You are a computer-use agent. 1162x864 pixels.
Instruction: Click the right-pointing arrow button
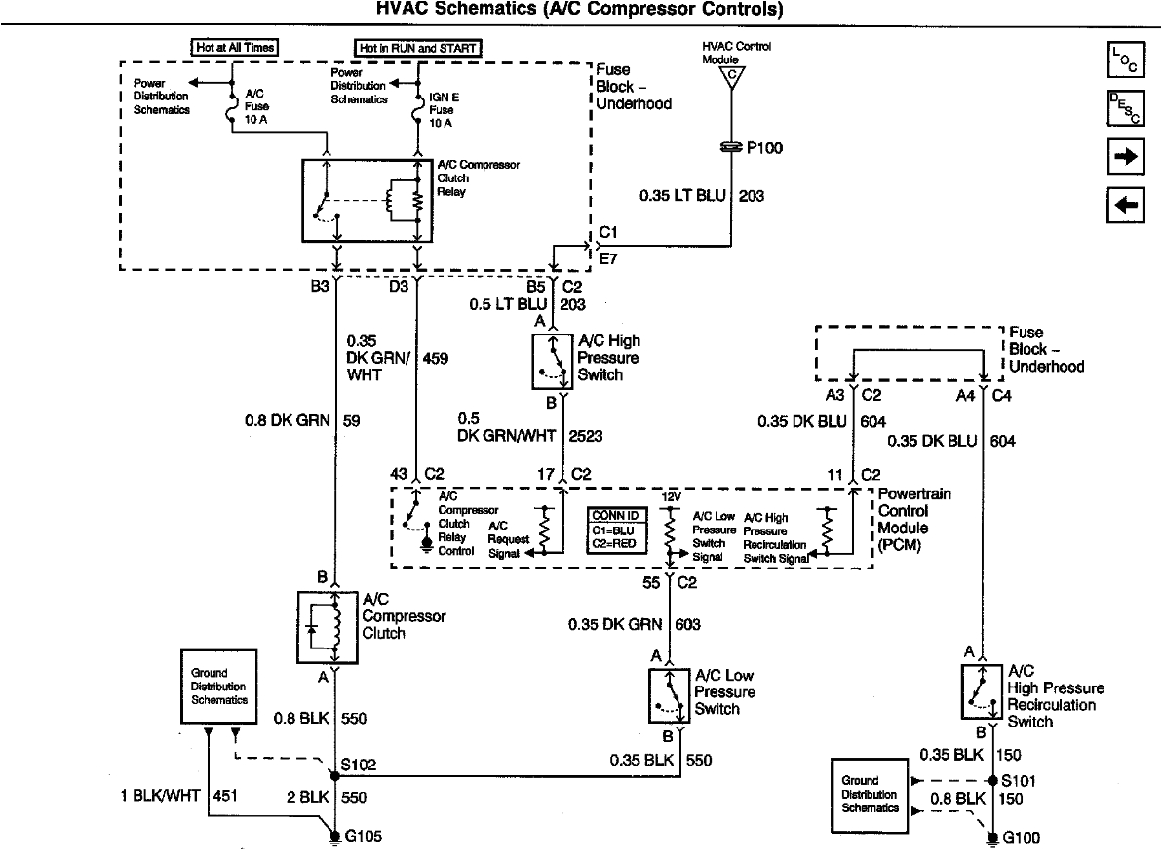pos(1125,156)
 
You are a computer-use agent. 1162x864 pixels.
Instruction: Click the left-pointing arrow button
pos(1125,204)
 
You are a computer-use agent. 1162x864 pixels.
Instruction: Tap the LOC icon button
pos(1125,60)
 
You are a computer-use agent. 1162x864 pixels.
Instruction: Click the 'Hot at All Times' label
pos(234,47)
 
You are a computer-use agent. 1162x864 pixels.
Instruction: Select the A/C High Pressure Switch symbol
pos(552,361)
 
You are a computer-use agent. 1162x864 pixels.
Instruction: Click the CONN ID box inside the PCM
pos(615,530)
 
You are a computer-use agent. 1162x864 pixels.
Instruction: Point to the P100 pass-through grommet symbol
pos(729,148)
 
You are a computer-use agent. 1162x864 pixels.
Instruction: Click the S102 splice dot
pos(334,776)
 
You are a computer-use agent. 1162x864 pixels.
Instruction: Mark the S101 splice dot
pos(991,781)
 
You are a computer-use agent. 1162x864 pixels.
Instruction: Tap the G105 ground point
pos(334,837)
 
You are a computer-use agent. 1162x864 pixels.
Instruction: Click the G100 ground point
pos(991,837)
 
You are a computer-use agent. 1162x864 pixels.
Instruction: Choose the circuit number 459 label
pos(436,359)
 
